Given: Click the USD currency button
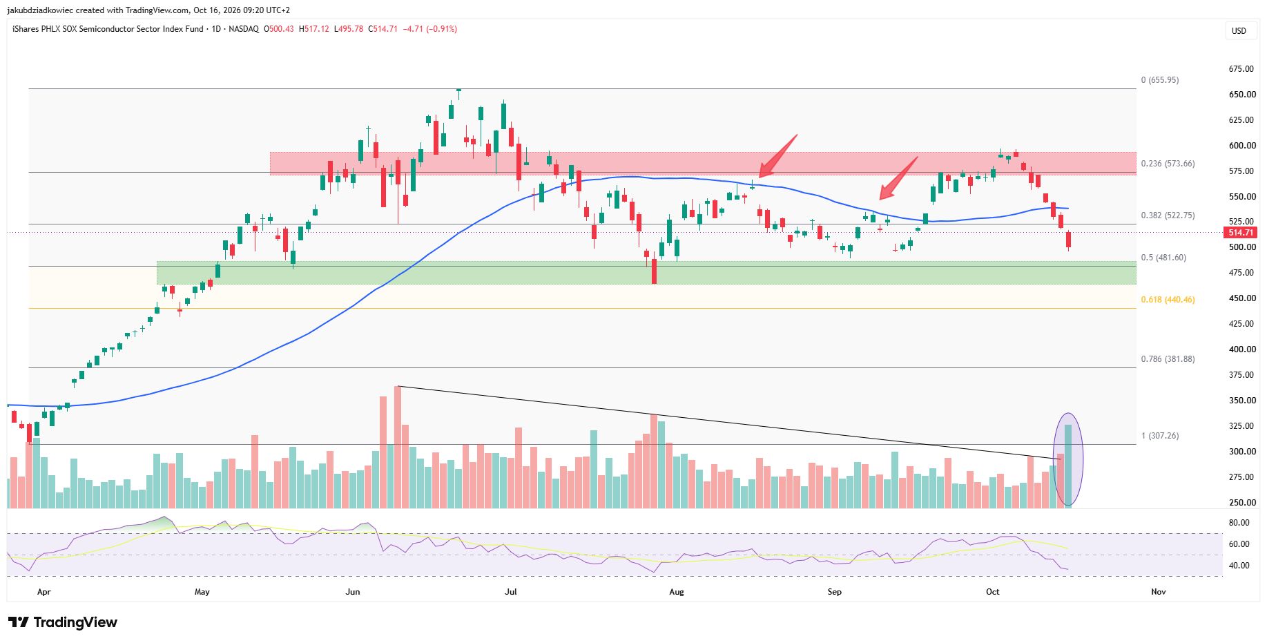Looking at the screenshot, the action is point(1239,30).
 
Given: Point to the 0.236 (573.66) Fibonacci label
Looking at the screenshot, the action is point(1168,164).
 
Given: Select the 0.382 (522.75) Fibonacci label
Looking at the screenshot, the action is point(1168,215).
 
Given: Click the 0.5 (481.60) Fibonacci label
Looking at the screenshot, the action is point(1163,258).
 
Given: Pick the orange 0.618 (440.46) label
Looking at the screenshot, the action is point(1168,300).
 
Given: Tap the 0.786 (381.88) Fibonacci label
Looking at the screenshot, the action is point(1168,359).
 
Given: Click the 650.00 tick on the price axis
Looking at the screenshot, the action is point(1242,95).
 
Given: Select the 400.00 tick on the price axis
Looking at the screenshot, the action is point(1242,349).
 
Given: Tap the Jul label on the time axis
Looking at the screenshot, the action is point(511,592).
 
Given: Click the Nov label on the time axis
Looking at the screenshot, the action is point(1159,592).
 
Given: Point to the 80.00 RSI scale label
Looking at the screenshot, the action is point(1239,523).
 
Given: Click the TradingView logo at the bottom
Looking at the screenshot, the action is point(63,622).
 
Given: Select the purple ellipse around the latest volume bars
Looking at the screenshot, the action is point(1054,459).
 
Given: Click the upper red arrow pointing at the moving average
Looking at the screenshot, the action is point(778,156).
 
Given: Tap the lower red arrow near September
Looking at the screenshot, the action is point(898,178).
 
